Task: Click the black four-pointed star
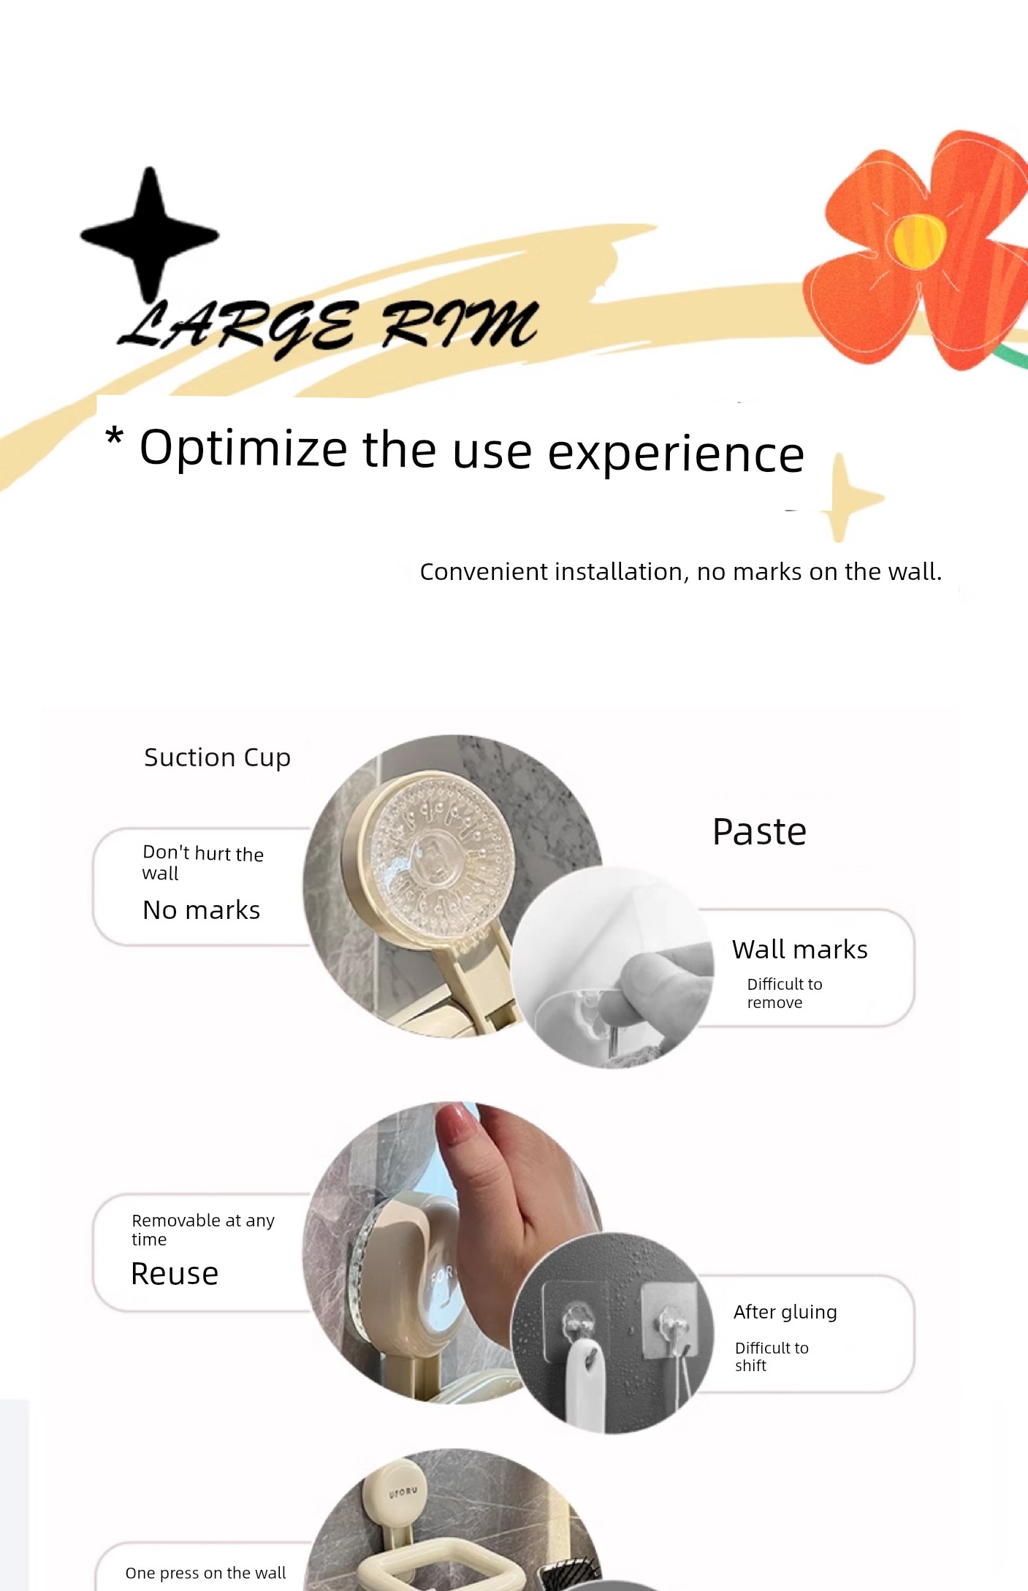coord(150,234)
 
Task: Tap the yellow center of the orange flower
coord(919,240)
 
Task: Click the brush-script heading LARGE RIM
coord(328,325)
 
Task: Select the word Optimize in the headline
coord(243,449)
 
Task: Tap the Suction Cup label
coord(217,758)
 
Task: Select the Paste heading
coord(759,831)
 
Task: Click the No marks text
coord(201,910)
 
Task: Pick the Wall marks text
coord(799,950)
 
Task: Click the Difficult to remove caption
coord(784,993)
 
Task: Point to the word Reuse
coord(175,1274)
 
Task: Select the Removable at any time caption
coord(202,1229)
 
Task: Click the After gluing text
coord(785,1312)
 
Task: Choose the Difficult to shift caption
coord(772,1357)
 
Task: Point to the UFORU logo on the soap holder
coord(403,1492)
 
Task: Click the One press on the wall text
coord(205,1573)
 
